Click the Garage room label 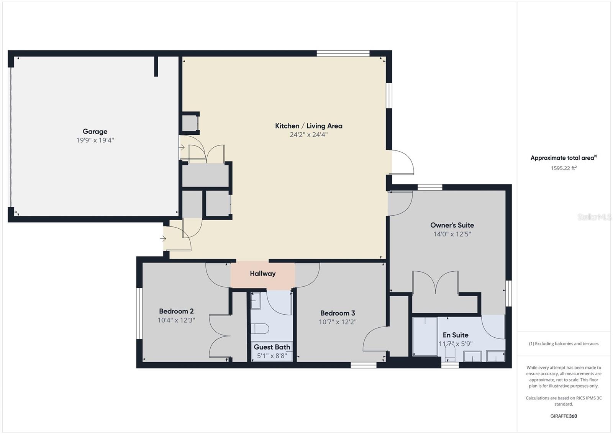(95, 132)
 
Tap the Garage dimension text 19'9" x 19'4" (95, 140)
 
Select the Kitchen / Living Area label (309, 126)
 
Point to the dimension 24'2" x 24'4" (309, 135)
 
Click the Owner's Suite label (452, 225)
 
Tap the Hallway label (263, 274)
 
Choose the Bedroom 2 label (176, 311)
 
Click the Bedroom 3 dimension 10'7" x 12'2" (338, 322)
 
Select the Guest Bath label (272, 347)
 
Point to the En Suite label (456, 335)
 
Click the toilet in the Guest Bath (260, 328)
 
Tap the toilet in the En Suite (450, 353)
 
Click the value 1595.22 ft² (564, 168)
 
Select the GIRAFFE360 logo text (564, 416)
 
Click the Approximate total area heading (564, 158)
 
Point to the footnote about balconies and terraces (564, 343)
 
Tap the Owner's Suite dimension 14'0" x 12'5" (452, 234)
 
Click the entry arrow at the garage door (182, 148)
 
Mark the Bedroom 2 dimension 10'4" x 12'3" (176, 320)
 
